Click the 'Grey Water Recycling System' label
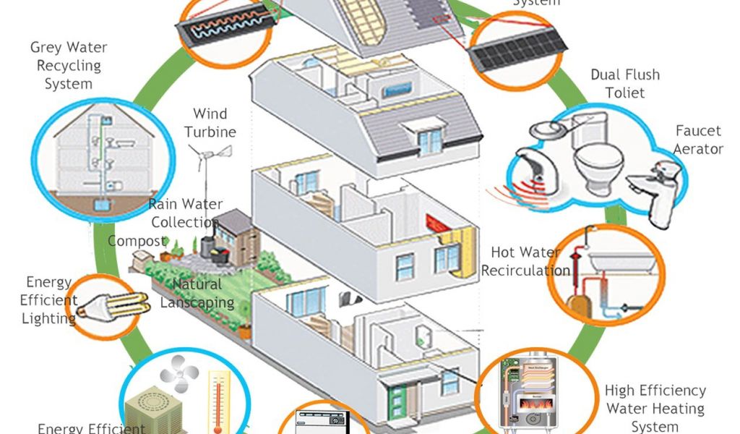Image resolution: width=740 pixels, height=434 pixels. click(68, 66)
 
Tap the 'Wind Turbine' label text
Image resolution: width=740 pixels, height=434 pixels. click(210, 123)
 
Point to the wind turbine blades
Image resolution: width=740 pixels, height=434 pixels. click(210, 153)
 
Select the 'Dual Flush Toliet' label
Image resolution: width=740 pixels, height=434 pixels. click(625, 83)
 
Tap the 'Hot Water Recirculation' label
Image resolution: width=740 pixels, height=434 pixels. click(525, 262)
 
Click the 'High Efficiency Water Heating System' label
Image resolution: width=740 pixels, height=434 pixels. click(655, 409)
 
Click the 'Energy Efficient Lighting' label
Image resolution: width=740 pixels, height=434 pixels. click(50, 299)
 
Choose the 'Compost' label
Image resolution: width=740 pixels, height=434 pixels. click(137, 241)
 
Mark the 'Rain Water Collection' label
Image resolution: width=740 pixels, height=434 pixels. click(185, 213)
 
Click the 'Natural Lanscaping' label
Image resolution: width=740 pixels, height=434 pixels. click(197, 293)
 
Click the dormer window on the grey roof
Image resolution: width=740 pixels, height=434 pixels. click(429, 139)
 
